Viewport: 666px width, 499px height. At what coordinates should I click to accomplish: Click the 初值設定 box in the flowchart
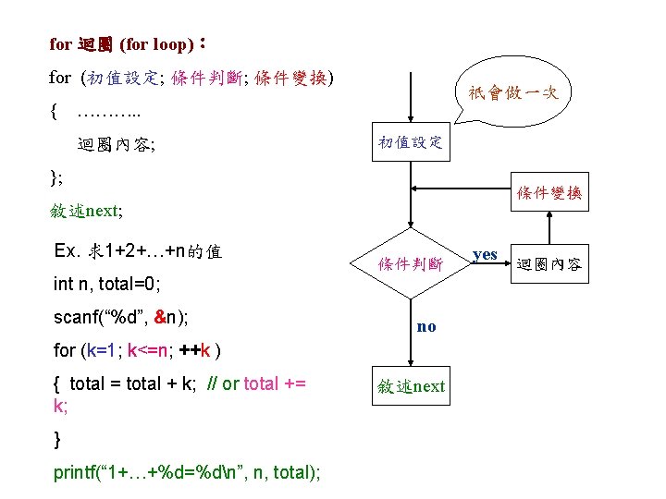(411, 141)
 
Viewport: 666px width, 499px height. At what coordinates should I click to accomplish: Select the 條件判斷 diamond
(411, 263)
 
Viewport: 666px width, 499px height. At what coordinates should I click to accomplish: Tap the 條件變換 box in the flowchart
(549, 192)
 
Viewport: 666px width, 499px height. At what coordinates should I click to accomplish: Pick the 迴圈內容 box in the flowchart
(549, 264)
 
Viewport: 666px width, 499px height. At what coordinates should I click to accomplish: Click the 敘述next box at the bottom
(411, 385)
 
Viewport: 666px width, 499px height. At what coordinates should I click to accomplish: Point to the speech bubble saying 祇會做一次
(513, 91)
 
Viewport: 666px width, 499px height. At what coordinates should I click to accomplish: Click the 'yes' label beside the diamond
(485, 254)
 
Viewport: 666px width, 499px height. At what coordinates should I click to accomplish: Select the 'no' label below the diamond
(426, 326)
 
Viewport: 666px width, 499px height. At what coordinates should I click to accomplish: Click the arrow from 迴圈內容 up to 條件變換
(549, 228)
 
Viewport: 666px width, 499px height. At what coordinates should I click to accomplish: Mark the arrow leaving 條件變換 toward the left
(461, 189)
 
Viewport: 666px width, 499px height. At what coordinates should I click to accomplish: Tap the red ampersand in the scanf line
(160, 317)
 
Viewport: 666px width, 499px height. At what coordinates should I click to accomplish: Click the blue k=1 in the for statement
(101, 350)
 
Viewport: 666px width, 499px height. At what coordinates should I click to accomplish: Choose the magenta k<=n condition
(147, 350)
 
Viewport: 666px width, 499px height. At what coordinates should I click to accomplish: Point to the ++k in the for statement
(195, 350)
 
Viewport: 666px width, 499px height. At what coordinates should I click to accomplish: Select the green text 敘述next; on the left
(86, 211)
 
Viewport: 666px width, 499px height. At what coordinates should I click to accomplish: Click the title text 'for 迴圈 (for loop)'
(121, 43)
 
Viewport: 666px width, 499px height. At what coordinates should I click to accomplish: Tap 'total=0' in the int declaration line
(127, 284)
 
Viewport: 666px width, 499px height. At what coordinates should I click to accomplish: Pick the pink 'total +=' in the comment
(275, 383)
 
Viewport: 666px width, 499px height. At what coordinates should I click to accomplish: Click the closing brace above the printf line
(57, 439)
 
